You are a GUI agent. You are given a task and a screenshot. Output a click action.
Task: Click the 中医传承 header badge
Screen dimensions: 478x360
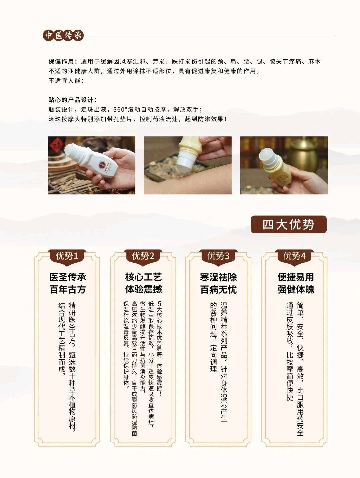(63, 35)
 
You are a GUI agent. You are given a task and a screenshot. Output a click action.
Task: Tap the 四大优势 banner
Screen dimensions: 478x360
(289, 225)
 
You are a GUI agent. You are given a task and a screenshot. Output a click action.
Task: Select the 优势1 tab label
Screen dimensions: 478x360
(67, 256)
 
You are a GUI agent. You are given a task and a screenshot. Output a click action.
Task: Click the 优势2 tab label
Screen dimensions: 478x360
(143, 256)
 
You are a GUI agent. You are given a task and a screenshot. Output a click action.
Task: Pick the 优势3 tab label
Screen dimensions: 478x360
(218, 256)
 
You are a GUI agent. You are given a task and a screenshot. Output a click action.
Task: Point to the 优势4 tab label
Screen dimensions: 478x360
(294, 256)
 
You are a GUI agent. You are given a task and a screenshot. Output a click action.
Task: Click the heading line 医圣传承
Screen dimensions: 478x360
(68, 277)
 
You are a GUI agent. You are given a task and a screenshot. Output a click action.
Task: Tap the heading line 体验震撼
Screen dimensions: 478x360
(143, 289)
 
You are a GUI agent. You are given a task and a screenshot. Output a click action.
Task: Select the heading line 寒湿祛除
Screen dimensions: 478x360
(218, 277)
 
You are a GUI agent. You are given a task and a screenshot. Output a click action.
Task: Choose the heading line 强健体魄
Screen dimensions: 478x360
(296, 289)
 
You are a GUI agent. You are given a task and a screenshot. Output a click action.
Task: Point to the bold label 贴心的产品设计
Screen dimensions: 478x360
(72, 100)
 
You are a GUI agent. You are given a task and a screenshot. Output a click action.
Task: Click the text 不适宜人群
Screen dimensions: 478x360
(66, 81)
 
